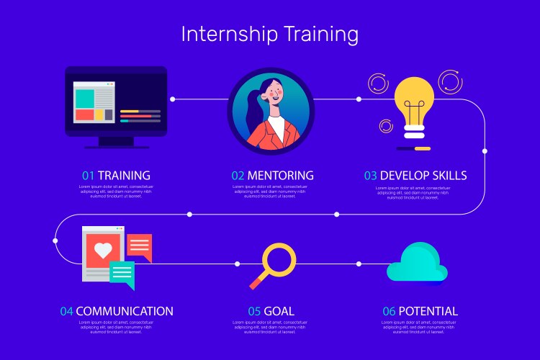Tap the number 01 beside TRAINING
(88, 175)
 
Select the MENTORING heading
(280, 175)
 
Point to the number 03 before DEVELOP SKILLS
(370, 175)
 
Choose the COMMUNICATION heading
(125, 311)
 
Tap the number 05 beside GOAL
(254, 311)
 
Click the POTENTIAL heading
(428, 311)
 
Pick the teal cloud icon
(417, 264)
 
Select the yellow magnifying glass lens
(279, 260)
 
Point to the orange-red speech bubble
(140, 247)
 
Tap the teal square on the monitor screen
(85, 97)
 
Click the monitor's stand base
(117, 145)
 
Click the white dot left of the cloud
(359, 264)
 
